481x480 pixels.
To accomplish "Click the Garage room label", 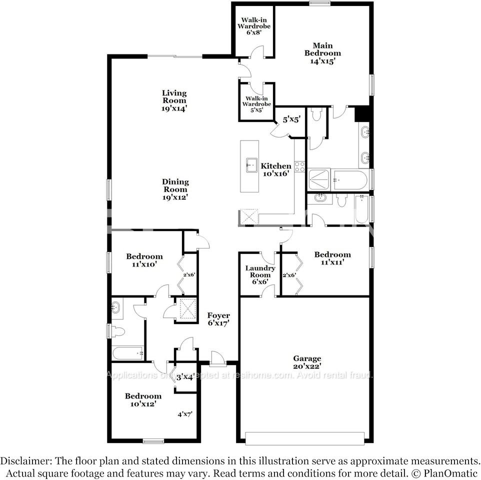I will point(307,362).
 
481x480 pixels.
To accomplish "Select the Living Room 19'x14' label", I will point(174,100).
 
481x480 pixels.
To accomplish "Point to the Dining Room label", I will point(175,189).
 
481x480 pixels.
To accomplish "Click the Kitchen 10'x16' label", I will point(276,170).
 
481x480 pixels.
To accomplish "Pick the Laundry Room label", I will point(260,274).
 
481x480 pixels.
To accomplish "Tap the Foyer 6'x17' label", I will point(218,319).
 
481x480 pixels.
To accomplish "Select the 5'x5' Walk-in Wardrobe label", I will point(256,103).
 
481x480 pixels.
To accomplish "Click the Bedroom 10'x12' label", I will point(143,399).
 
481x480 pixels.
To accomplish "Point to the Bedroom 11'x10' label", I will point(144,260).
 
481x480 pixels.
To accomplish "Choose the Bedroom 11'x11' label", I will point(332,258).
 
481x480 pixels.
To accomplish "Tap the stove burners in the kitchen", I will point(299,166).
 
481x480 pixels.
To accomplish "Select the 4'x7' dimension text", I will point(185,414).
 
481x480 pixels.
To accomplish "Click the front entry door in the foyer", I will point(217,359).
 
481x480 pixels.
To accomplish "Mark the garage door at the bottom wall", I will point(305,438).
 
